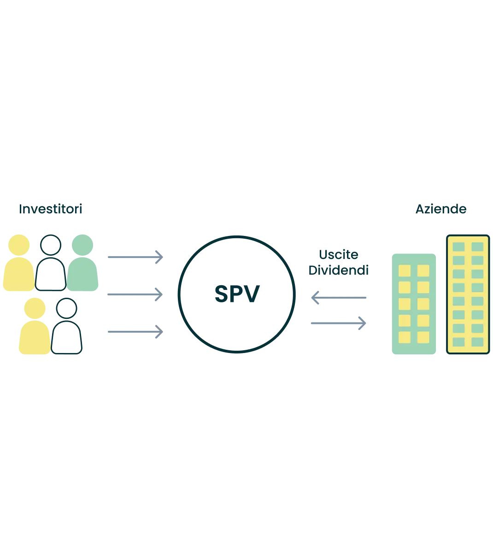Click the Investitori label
tap(51, 209)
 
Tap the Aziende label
tap(441, 209)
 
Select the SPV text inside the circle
tap(237, 294)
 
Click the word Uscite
tap(339, 254)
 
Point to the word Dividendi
tap(339, 270)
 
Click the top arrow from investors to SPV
tap(135, 257)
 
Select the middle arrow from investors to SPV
tap(135, 294)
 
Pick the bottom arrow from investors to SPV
tap(135, 332)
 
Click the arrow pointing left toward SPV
tap(339, 298)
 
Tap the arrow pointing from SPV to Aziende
tap(339, 324)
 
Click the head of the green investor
tap(82, 245)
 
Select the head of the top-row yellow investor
tap(19, 245)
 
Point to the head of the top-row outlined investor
tap(51, 245)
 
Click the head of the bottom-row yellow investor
tap(35, 308)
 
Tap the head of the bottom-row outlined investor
tap(67, 308)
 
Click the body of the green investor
tap(82, 274)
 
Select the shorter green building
tap(414, 304)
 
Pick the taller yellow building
tap(468, 294)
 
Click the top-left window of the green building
tap(405, 271)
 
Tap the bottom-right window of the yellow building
tap(477, 342)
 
